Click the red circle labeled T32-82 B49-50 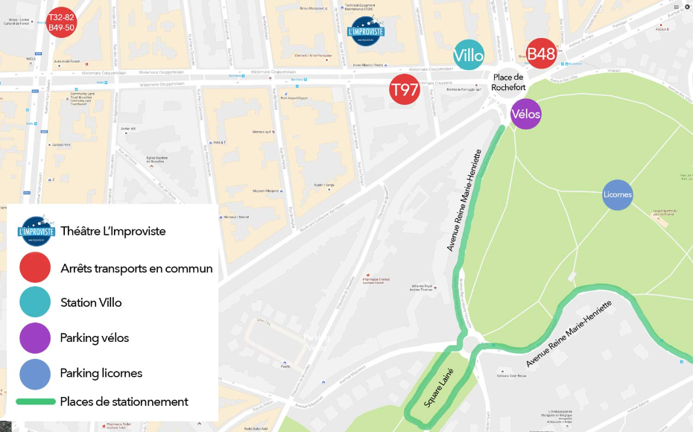click(x=61, y=22)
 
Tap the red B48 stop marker click(x=541, y=54)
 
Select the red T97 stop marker click(x=405, y=90)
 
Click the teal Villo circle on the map click(x=469, y=55)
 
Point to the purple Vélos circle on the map click(x=526, y=114)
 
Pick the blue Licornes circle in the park click(x=618, y=195)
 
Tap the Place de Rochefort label click(x=508, y=82)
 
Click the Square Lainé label click(x=439, y=388)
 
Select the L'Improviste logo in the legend click(x=36, y=230)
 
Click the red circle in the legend click(x=35, y=268)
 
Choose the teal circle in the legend click(x=35, y=302)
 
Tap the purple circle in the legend click(x=35, y=337)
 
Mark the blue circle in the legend click(x=35, y=372)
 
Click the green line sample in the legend click(x=35, y=401)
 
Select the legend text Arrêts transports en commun click(x=136, y=268)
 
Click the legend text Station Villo click(x=91, y=302)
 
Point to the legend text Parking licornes click(x=101, y=372)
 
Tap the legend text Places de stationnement click(x=124, y=401)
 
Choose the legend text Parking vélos click(x=95, y=337)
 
